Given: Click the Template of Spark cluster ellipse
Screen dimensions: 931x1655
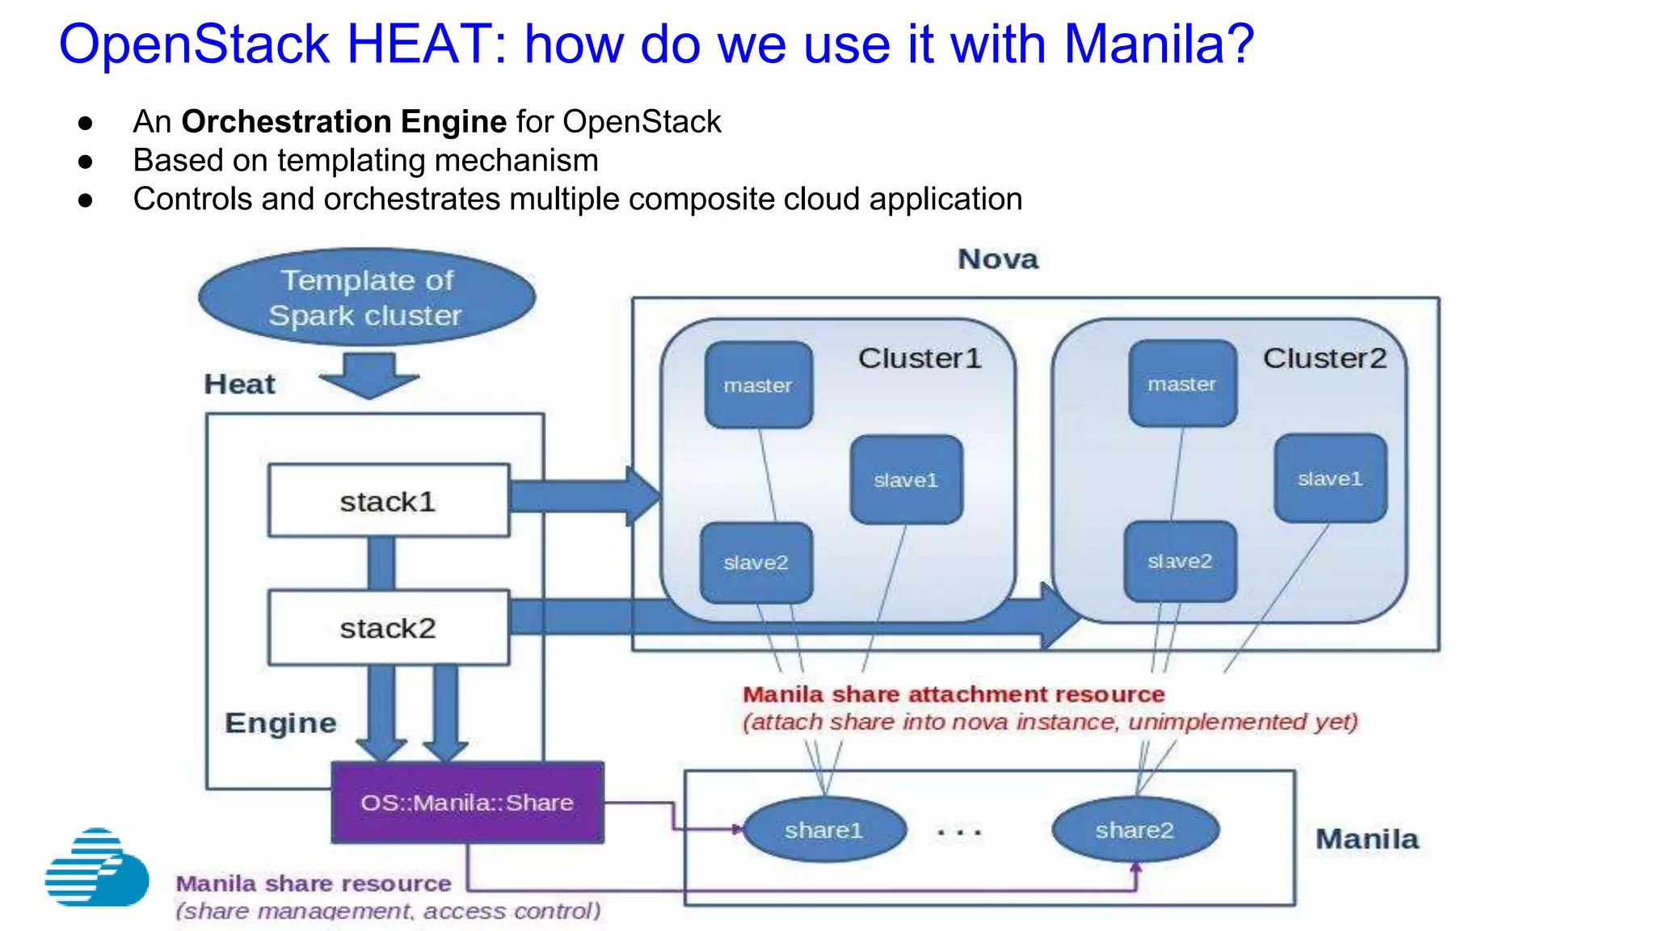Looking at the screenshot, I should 366,297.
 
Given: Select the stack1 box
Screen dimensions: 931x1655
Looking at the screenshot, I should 389,500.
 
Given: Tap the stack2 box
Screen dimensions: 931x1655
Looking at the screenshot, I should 389,628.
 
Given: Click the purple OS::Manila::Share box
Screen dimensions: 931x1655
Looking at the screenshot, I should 467,803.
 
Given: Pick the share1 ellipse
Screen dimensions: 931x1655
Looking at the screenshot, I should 823,830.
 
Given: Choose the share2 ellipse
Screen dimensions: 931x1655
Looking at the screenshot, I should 1135,830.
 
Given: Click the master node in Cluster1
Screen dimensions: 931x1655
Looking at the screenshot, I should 758,385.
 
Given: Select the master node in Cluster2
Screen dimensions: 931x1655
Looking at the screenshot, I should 1181,384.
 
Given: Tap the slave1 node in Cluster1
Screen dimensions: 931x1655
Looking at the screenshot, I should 906,480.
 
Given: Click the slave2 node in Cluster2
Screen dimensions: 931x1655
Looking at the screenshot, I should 1180,561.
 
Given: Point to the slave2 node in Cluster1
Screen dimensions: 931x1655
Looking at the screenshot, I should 756,562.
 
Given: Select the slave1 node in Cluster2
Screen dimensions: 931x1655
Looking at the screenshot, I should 1330,478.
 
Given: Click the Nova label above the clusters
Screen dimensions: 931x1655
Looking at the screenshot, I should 998,259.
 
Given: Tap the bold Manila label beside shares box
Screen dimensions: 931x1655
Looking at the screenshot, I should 1367,839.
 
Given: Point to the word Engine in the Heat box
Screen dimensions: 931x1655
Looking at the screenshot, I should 280,722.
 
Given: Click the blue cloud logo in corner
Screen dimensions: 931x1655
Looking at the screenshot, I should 97,868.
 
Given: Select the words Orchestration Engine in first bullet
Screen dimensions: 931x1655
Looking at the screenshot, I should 343,121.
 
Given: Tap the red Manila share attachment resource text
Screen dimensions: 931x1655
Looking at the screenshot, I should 954,694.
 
